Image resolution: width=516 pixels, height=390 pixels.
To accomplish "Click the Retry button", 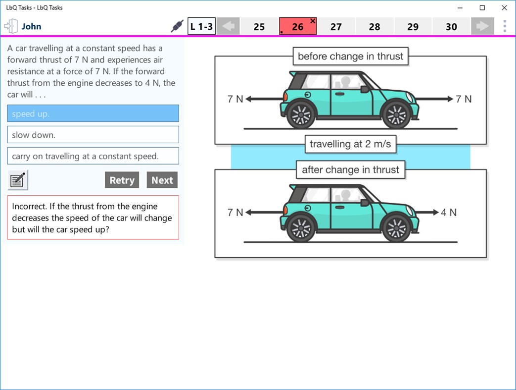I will (x=122, y=180).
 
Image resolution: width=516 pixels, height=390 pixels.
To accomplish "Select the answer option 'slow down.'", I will (x=93, y=135).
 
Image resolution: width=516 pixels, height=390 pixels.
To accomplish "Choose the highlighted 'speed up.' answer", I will (x=93, y=113).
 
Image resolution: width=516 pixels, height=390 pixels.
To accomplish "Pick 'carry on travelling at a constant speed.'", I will (x=93, y=156).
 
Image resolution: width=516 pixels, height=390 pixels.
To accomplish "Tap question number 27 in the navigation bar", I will (x=336, y=27).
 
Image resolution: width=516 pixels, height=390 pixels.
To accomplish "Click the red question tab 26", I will (x=297, y=27).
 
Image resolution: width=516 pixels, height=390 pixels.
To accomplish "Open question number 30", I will (x=451, y=27).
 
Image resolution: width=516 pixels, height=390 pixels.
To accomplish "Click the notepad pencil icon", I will (x=18, y=180).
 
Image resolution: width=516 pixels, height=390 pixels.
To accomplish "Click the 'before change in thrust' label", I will (x=350, y=56).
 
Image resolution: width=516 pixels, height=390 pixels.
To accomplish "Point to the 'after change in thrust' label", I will (x=350, y=170).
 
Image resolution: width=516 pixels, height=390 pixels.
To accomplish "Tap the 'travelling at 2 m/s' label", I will (x=350, y=144).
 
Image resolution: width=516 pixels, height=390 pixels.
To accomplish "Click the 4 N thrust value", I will (x=449, y=213).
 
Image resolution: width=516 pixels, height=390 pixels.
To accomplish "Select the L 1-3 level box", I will (x=201, y=27).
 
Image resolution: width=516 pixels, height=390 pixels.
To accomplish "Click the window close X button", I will (x=504, y=8).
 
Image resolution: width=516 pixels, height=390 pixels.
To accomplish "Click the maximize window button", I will (x=482, y=8).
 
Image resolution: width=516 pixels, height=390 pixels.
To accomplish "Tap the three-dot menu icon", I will (x=505, y=26).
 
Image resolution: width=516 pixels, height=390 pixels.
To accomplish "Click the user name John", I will (x=31, y=27).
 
